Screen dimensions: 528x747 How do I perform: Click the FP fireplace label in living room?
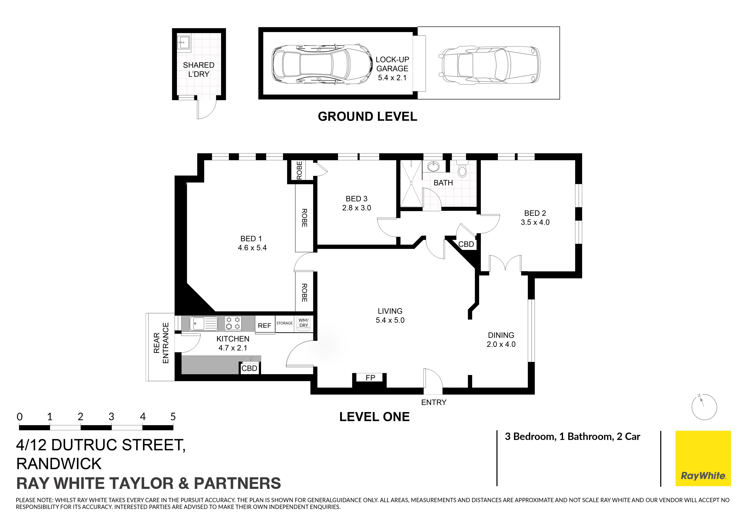370,378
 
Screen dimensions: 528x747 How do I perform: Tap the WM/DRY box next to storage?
303,323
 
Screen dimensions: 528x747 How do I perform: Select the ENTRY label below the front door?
434,402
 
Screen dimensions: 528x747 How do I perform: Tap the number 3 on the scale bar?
111,417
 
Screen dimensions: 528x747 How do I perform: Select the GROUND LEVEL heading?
367,116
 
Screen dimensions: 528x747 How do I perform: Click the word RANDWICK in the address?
59,464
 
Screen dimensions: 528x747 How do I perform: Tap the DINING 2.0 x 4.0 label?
501,340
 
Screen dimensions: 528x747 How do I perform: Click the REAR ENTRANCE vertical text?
161,343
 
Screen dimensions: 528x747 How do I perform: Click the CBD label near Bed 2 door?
466,244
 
